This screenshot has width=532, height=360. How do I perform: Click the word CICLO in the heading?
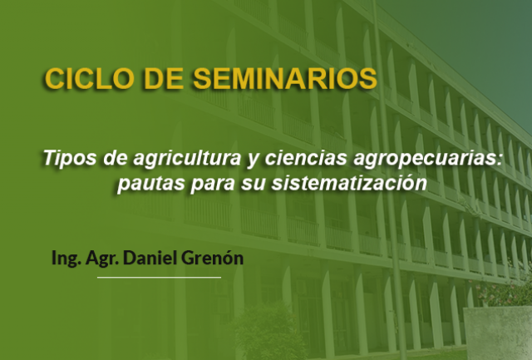click(x=89, y=79)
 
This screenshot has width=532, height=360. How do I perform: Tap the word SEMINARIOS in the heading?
click(x=285, y=79)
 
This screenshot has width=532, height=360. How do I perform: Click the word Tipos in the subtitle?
click(x=70, y=159)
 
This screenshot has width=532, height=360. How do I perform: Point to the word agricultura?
click(x=187, y=159)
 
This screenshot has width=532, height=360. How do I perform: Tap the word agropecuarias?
click(x=427, y=159)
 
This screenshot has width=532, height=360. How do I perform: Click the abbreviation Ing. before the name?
click(x=66, y=259)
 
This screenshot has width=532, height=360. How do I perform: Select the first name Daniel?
click(x=150, y=258)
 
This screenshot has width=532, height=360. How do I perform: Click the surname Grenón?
click(x=213, y=258)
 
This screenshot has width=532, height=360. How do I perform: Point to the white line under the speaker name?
click(x=159, y=277)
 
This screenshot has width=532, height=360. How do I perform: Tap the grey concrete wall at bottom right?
click(x=497, y=333)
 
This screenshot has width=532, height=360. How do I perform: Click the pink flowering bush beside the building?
click(x=505, y=292)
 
